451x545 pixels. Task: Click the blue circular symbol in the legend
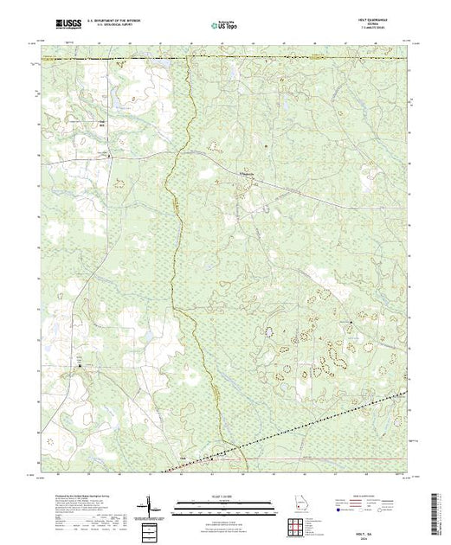click(x=334, y=510)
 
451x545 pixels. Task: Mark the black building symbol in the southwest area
click(x=81, y=366)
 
